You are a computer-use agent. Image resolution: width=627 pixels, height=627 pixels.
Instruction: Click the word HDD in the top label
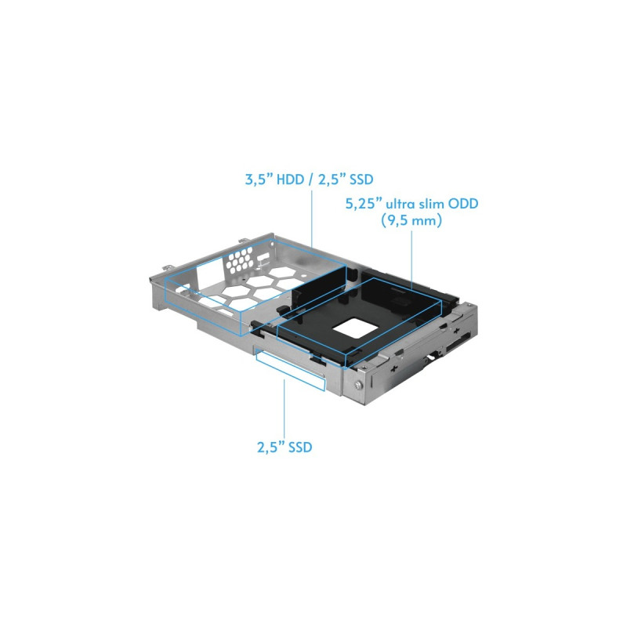pyautogui.click(x=290, y=179)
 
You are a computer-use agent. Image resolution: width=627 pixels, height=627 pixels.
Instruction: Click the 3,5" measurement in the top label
pyautogui.click(x=259, y=179)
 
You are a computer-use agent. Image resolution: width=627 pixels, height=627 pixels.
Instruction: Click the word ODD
pyautogui.click(x=462, y=204)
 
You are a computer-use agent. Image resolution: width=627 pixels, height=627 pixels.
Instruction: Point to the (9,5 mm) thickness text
pyautogui.click(x=411, y=220)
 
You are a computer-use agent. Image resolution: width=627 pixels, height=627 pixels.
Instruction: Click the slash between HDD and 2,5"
pyautogui.click(x=310, y=180)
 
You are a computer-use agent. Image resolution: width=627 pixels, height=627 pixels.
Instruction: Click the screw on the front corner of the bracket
pyautogui.click(x=357, y=386)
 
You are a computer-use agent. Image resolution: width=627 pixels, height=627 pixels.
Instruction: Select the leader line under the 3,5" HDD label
pyautogui.click(x=311, y=219)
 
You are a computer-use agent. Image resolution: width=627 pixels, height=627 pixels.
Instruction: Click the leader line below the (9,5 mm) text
pyautogui.click(x=412, y=260)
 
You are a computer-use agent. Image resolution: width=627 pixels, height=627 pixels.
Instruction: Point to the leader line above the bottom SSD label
pyautogui.click(x=285, y=407)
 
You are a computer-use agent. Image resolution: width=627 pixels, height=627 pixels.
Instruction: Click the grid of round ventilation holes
pyautogui.click(x=240, y=259)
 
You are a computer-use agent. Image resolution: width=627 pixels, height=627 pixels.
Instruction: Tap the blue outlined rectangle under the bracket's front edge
pyautogui.click(x=291, y=370)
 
